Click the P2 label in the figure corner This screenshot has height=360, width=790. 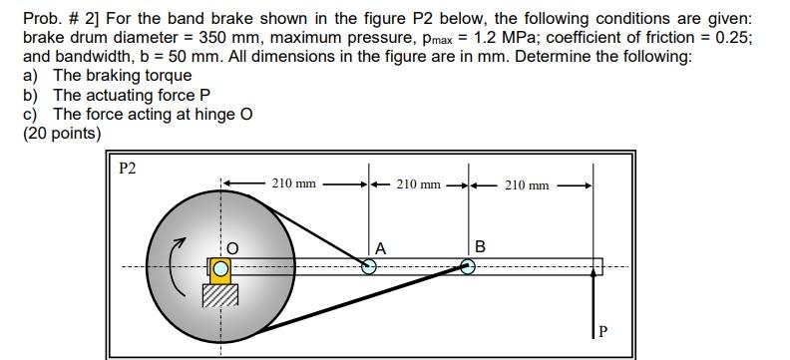[x=127, y=168]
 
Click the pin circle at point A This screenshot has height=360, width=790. [x=369, y=266]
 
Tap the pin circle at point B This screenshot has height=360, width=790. [x=467, y=266]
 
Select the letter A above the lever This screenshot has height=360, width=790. [x=381, y=248]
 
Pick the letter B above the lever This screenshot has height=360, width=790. [x=480, y=246]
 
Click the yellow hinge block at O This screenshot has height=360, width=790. [x=219, y=267]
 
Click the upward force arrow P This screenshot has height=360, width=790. [x=594, y=309]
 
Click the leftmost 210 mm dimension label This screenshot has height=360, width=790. [x=294, y=183]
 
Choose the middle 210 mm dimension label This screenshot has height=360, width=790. [x=418, y=183]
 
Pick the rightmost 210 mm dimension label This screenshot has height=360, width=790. [x=527, y=184]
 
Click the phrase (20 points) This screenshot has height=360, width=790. [x=62, y=133]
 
